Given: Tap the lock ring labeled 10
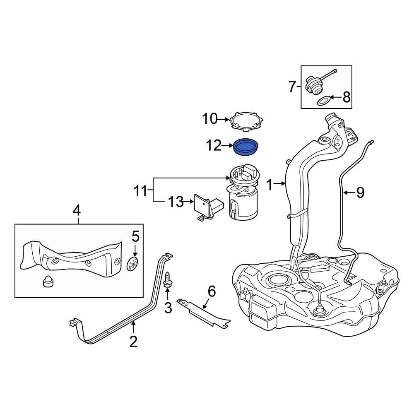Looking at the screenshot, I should pos(246,120).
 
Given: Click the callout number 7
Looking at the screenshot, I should pos(292,87).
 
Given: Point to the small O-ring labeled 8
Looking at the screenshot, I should pos(323,101).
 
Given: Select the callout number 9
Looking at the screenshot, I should pos(360,192).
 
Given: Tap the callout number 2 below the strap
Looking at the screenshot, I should pos(133,342).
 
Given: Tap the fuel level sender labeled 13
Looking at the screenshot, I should pos(207,207).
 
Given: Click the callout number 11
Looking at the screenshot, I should pos(140,191).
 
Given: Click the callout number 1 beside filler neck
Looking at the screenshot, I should pos(270,185).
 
